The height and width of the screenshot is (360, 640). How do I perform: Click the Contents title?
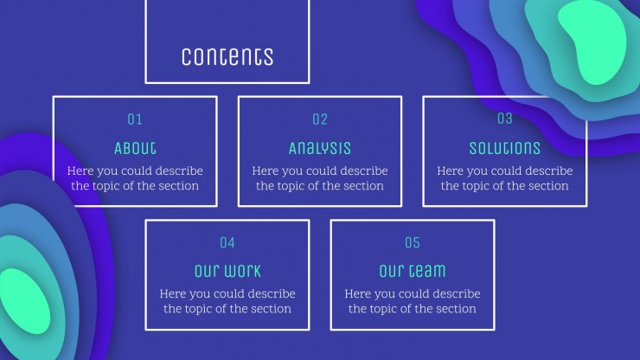click(227, 57)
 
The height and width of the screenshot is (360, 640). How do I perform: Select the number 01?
click(135, 119)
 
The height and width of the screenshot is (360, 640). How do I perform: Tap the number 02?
click(320, 119)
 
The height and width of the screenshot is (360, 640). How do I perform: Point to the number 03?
click(505, 119)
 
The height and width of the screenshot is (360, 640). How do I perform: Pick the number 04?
click(227, 242)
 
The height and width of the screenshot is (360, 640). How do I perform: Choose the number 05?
click(413, 242)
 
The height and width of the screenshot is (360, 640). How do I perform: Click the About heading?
click(135, 148)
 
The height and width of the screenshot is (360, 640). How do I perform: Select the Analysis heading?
click(320, 148)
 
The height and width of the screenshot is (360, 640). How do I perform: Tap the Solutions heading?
click(505, 148)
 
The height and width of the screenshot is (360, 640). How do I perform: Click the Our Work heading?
click(227, 271)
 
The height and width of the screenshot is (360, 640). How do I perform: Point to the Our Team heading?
click(413, 271)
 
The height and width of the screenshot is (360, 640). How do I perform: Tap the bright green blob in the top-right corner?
click(592, 41)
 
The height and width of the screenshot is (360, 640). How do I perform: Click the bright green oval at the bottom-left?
click(24, 300)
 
